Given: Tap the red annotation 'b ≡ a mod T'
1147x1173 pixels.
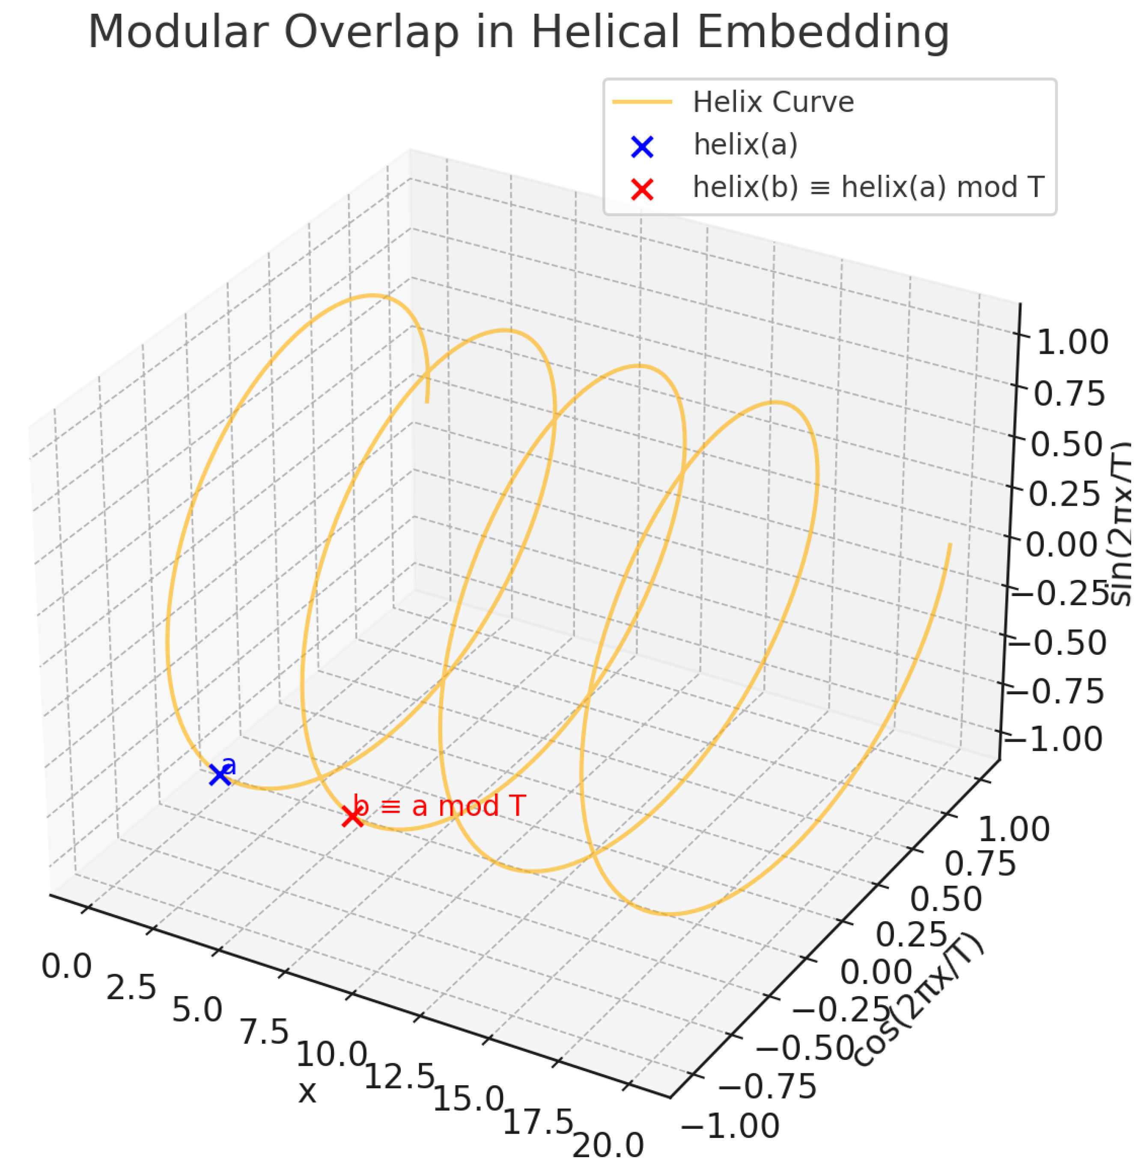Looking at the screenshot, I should point(440,806).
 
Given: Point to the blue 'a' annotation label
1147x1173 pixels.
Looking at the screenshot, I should point(229,766).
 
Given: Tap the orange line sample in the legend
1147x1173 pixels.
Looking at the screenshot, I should point(642,102).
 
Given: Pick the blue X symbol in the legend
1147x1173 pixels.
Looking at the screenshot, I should point(642,146).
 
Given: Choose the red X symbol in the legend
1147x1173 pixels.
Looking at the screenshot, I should point(642,189).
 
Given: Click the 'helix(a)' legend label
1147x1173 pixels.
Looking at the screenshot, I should point(745,145).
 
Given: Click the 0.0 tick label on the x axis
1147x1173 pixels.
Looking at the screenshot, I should point(66,967).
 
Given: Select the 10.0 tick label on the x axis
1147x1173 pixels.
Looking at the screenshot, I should point(332,1054).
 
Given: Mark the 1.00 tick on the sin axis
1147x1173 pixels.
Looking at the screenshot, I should point(1072,343).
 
